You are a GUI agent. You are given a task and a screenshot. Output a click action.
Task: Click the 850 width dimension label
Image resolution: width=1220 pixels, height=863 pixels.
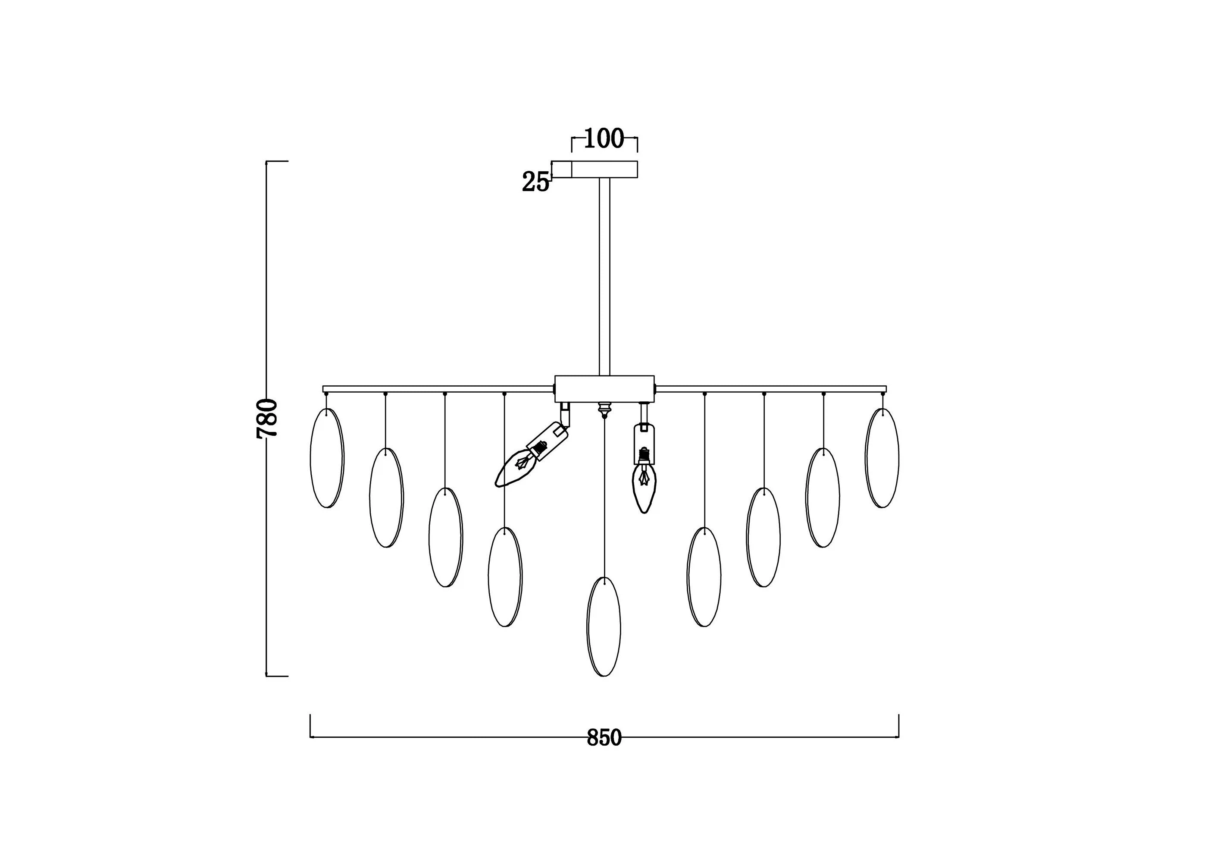coord(604,737)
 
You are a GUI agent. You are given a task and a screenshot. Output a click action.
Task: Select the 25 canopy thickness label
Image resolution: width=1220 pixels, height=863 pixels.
coord(535,182)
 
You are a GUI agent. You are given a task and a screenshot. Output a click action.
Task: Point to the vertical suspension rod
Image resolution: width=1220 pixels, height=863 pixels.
coord(604,277)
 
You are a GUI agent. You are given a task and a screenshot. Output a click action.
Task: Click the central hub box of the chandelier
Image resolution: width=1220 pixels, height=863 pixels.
coord(604,389)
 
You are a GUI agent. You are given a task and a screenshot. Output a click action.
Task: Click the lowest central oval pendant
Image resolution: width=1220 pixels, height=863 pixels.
coord(604,627)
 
